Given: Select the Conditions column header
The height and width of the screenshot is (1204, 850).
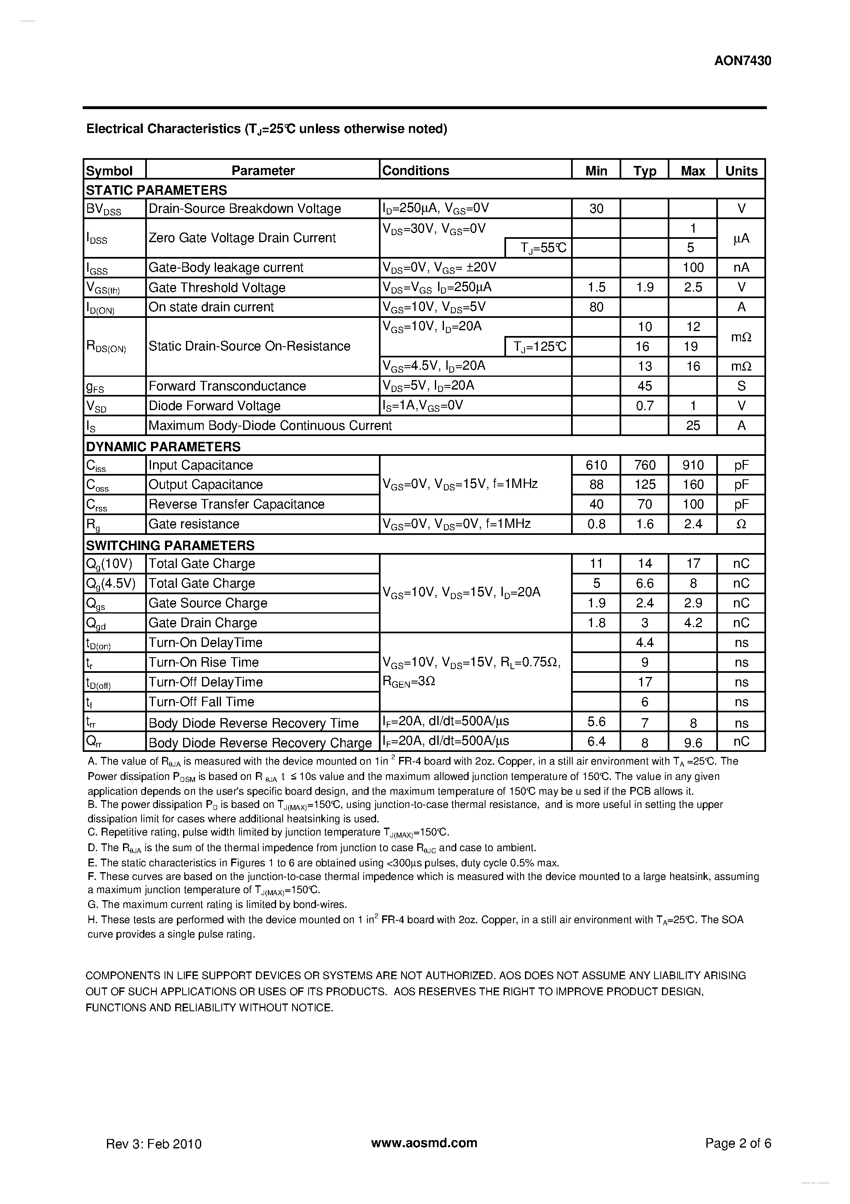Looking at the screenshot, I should click(x=416, y=170).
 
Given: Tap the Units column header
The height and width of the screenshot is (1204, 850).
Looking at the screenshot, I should click(x=741, y=171).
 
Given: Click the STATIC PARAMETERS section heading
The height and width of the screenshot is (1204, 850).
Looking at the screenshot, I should click(x=156, y=190).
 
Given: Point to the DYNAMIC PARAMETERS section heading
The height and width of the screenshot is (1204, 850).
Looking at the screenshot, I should click(x=163, y=446).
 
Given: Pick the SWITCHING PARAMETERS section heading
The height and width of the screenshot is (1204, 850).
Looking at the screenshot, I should click(x=170, y=545).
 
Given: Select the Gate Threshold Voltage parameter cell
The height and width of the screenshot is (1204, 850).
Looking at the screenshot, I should click(x=217, y=287).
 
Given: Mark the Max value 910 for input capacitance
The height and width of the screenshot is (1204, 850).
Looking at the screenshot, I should click(x=693, y=465).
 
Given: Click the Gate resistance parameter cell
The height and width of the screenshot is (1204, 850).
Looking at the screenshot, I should click(x=194, y=524).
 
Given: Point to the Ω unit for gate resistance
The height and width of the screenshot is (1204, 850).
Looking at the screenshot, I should click(x=741, y=524).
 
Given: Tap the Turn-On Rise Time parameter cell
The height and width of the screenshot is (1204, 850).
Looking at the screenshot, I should click(x=203, y=662).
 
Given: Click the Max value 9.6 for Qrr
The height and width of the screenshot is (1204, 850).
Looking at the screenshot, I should click(x=693, y=742).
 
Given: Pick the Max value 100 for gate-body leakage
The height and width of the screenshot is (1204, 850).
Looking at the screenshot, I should click(x=693, y=267).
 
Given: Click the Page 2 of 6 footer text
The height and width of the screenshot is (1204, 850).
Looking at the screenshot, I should click(x=738, y=1143).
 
